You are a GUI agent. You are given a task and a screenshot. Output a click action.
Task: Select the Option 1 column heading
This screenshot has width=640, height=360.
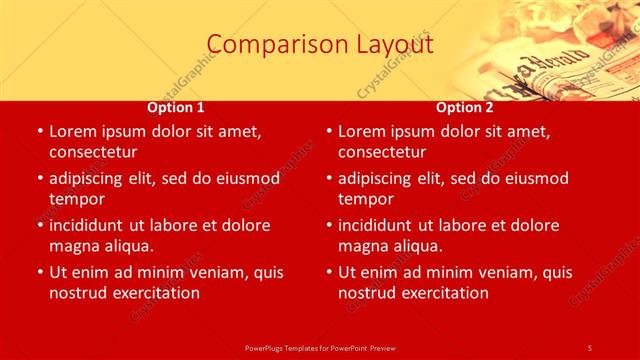pyautogui.click(x=176, y=107)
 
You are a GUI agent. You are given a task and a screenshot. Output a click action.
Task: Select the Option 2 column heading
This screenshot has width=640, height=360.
pyautogui.click(x=464, y=107)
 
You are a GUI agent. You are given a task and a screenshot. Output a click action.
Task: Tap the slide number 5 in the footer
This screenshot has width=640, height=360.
pyautogui.click(x=589, y=347)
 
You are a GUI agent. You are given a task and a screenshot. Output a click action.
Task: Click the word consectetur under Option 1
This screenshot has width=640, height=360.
pyautogui.click(x=93, y=152)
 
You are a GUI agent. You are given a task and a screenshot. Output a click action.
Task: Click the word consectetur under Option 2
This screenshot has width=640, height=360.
pyautogui.click(x=382, y=152)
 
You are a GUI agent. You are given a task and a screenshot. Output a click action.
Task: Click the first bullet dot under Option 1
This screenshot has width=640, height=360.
pyautogui.click(x=40, y=132)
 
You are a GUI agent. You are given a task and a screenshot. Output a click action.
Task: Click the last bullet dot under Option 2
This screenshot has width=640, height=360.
pyautogui.click(x=329, y=273)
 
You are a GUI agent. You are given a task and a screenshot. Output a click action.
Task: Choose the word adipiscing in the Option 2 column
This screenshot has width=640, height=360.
pyautogui.click(x=379, y=178)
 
